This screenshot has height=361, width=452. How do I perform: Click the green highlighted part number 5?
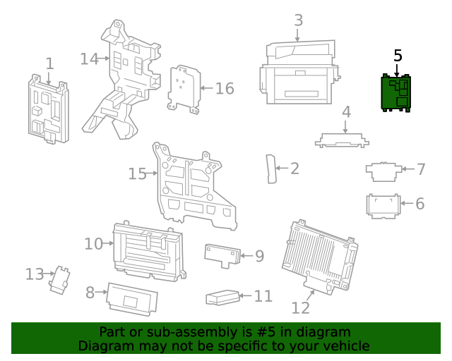pos(396,94)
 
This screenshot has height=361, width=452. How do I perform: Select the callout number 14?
pos(88,59)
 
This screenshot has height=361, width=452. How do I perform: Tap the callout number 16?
pos(224,88)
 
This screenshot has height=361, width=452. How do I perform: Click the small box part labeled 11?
pos(220,298)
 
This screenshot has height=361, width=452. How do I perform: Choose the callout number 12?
pos(301,308)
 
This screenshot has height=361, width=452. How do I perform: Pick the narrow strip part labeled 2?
pos(270,169)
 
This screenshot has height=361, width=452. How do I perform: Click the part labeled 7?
pos(383,170)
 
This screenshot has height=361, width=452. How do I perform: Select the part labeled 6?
pos(382,204)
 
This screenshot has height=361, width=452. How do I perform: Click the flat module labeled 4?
pos(343,139)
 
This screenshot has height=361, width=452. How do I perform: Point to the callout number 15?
pos(138,173)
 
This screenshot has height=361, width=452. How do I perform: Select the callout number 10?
pos(93,244)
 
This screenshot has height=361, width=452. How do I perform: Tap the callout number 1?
pos(49,64)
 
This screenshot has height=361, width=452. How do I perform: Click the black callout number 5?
pos(398,55)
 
